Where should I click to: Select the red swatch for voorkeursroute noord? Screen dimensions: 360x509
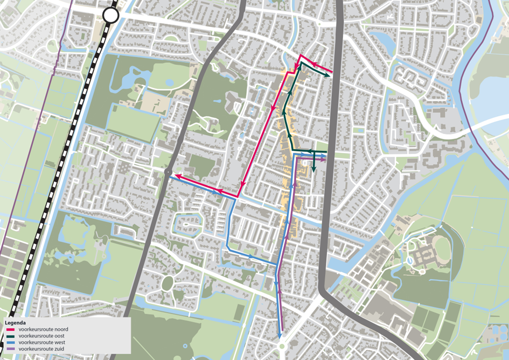click(10, 329)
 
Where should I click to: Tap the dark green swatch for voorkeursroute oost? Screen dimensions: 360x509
click(10, 335)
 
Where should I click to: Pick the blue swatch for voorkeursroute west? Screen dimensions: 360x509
click(10, 342)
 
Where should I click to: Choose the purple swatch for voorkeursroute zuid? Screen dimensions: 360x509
click(10, 348)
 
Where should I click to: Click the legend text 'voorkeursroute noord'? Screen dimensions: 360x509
click(43, 329)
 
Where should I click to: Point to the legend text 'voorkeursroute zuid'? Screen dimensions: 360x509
click(42, 348)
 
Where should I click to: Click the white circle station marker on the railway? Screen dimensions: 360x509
click(111, 15)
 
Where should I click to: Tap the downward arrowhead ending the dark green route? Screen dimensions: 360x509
click(313, 171)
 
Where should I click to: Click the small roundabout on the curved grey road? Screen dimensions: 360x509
click(167, 172)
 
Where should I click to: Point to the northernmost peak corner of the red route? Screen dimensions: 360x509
click(301, 55)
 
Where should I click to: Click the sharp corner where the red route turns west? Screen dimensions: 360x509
click(238, 196)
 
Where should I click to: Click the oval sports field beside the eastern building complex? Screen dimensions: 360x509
click(442, 250)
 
